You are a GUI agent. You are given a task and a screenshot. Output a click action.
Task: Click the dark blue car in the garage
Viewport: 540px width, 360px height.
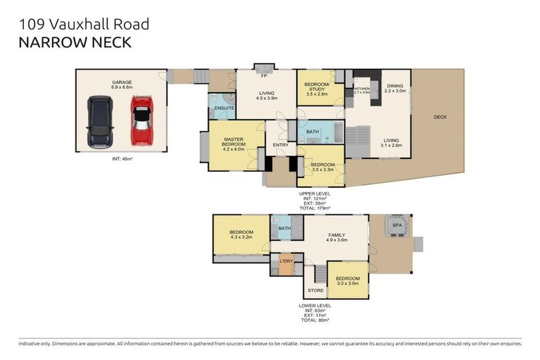[99, 122]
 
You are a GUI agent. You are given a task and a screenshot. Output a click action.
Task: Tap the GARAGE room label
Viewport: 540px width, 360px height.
[121, 82]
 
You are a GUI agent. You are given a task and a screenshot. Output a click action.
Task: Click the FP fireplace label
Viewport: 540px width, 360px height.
[265, 75]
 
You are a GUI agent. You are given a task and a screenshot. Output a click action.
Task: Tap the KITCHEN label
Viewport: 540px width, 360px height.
[361, 88]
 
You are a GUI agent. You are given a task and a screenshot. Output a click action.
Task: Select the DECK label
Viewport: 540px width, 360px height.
[439, 117]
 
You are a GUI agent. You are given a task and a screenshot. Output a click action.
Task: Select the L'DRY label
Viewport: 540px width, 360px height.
[285, 262]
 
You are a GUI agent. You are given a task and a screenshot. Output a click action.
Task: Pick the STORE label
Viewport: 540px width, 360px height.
[315, 290]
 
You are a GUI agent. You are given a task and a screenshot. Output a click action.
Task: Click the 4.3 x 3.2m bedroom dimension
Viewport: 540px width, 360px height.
[240, 237]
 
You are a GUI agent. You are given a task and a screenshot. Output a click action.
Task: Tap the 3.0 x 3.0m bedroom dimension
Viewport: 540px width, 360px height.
[347, 283]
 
